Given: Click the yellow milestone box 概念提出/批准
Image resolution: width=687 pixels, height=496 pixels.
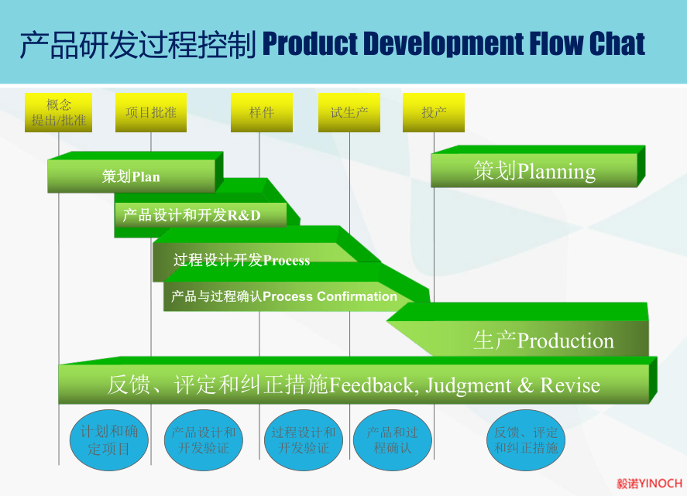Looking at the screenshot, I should [x=58, y=112].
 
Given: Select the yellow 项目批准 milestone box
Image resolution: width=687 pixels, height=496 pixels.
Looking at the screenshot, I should [x=151, y=112].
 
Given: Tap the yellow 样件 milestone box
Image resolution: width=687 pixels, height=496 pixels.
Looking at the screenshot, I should [x=262, y=112].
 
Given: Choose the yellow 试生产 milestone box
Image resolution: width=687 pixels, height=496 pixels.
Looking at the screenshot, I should [x=349, y=112].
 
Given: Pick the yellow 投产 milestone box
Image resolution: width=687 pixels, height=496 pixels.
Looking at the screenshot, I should [x=434, y=112].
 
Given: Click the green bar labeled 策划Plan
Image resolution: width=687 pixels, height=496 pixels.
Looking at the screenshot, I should [x=131, y=176].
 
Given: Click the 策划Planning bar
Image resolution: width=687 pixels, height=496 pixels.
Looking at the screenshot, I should [x=534, y=171].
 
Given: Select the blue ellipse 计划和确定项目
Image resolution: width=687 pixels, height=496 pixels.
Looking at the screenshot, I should [x=109, y=440].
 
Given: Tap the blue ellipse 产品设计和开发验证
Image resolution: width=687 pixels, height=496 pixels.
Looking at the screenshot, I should [x=204, y=440].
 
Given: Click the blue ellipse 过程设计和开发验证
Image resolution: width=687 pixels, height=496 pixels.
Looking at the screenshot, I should [x=304, y=440].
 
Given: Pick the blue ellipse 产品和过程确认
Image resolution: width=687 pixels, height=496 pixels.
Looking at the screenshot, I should [x=392, y=440].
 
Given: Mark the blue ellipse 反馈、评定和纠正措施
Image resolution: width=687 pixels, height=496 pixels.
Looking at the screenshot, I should [x=526, y=440].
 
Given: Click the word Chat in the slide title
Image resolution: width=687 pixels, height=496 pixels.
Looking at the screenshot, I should [x=617, y=45].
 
